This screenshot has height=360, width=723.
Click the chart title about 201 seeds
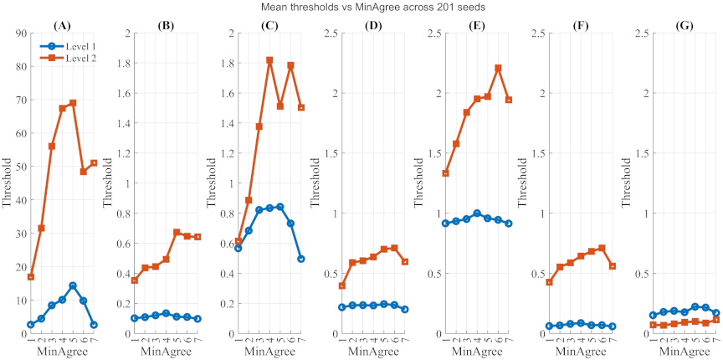(x=361, y=7)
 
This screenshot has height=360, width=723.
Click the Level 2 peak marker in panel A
(x=73, y=103)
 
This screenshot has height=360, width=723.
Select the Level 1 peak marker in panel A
(x=73, y=285)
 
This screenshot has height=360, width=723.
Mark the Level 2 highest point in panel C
(x=269, y=60)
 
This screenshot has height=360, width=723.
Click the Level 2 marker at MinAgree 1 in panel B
(x=134, y=280)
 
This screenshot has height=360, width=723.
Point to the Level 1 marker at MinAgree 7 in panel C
(x=300, y=259)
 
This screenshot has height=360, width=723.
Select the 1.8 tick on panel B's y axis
(x=121, y=64)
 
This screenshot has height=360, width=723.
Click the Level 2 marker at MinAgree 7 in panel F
(x=612, y=266)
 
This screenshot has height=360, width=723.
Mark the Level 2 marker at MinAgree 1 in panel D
(x=341, y=285)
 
